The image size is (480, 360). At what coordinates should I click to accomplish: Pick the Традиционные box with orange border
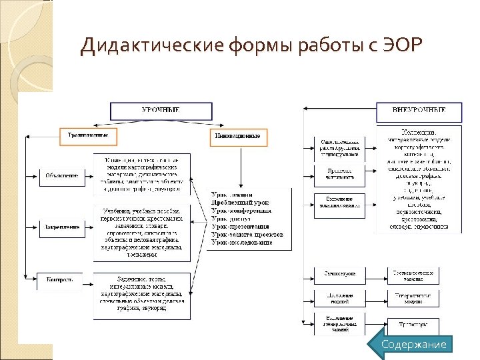pos(88,136)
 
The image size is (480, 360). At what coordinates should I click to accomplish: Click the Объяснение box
pos(61,176)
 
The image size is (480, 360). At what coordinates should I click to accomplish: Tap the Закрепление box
pos(61,227)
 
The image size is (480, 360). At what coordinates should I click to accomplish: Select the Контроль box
pos(61,279)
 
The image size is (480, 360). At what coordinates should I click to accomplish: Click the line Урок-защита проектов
pos(247,235)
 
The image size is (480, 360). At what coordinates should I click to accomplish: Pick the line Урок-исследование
pos(241,243)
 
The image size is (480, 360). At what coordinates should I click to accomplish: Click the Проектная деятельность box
pos(340,173)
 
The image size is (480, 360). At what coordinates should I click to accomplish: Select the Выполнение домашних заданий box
pos(340,203)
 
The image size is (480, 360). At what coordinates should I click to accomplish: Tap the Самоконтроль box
pos(340,274)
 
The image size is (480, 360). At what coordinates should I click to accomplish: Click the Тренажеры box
pos(413,324)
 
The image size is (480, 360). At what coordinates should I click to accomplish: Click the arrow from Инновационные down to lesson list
pos(239,163)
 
